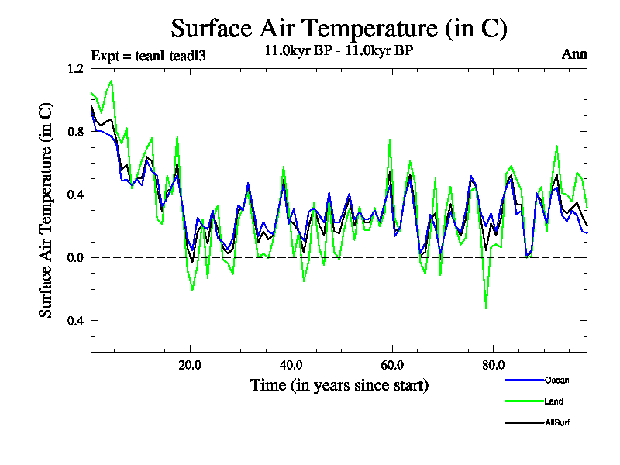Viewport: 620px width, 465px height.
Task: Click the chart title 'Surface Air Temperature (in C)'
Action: pyautogui.click(x=339, y=29)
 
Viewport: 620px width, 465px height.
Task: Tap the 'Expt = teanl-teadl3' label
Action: pyautogui.click(x=148, y=55)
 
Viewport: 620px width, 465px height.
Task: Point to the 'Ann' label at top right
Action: pyautogui.click(x=574, y=54)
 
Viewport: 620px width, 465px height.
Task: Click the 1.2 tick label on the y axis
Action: pyautogui.click(x=75, y=68)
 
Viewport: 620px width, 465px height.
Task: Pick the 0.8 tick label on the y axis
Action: pyautogui.click(x=75, y=131)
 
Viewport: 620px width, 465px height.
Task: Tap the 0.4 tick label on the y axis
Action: pyautogui.click(x=75, y=195)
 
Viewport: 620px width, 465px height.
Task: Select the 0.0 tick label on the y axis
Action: pyautogui.click(x=75, y=257)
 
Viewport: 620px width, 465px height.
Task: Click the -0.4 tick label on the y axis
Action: pyautogui.click(x=73, y=321)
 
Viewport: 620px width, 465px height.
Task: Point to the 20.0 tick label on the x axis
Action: pyautogui.click(x=191, y=364)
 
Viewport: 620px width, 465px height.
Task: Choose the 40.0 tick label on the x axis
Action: pyautogui.click(x=291, y=364)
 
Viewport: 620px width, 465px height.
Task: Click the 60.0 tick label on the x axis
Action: pyautogui.click(x=392, y=364)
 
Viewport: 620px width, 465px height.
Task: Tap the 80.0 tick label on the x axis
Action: pyautogui.click(x=493, y=364)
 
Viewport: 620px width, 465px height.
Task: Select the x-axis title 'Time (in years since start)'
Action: pyautogui.click(x=339, y=384)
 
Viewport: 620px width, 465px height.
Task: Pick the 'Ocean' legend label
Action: pyautogui.click(x=556, y=381)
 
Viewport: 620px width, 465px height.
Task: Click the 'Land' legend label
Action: pyautogui.click(x=553, y=401)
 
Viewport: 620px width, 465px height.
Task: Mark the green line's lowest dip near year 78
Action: pyautogui.click(x=486, y=308)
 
